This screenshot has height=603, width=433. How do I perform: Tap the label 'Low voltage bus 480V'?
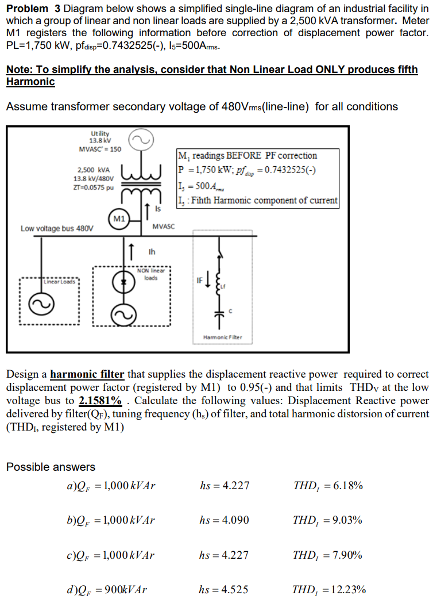point(56,228)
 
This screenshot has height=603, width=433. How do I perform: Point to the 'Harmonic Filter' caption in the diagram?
point(223,337)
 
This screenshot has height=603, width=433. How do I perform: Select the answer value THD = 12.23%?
point(329,589)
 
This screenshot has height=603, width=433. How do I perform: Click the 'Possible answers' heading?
point(51,467)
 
